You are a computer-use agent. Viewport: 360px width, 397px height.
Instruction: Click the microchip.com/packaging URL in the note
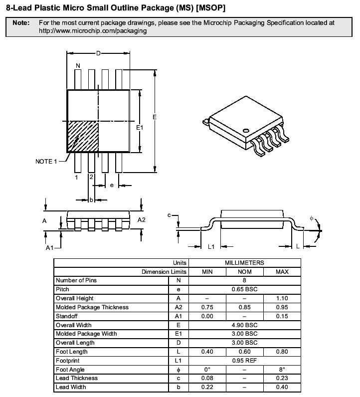coord(93,31)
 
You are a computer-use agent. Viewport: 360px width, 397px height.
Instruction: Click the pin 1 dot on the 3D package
coord(246,131)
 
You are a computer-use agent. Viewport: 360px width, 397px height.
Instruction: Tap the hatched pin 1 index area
coord(83,137)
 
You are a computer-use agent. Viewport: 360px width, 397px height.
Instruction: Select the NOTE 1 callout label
coord(46,162)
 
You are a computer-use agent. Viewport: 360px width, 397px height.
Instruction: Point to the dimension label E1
coord(140,128)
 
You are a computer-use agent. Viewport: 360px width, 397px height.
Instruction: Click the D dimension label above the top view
coord(98,53)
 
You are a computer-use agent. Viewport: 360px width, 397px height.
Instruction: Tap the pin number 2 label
coord(91,177)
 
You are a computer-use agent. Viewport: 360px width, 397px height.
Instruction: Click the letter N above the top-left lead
coord(78,66)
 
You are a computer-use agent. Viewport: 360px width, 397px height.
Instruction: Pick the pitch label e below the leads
coord(112,186)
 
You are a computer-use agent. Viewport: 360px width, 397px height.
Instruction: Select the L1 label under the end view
coord(211,246)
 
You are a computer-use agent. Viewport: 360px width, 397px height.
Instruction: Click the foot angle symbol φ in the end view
coord(312,218)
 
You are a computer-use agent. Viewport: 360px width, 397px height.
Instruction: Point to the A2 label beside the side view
coord(141,220)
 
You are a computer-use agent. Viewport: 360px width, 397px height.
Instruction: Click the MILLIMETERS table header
coord(244,263)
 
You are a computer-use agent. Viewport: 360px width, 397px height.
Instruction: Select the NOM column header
coord(244,272)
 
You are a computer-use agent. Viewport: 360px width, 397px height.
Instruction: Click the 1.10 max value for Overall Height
coord(282,298)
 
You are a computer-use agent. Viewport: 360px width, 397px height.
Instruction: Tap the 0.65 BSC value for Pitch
coord(244,289)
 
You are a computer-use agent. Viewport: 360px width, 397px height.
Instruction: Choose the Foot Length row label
coord(72,352)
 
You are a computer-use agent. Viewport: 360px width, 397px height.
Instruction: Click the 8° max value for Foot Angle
coord(282,370)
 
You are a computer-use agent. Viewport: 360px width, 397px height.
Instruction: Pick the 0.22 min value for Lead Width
coord(207,387)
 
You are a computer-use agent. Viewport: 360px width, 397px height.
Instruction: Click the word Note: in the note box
coord(21,23)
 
